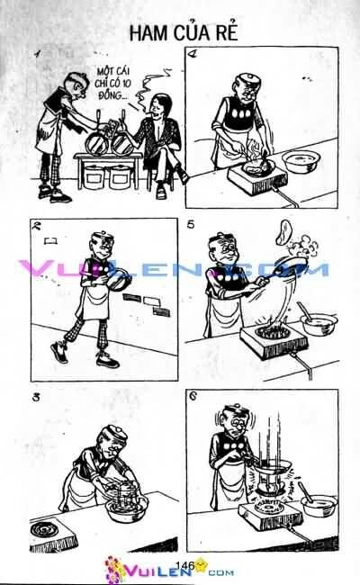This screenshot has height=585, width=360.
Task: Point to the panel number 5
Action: (x=192, y=225)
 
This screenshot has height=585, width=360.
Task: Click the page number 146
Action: (x=186, y=564)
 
